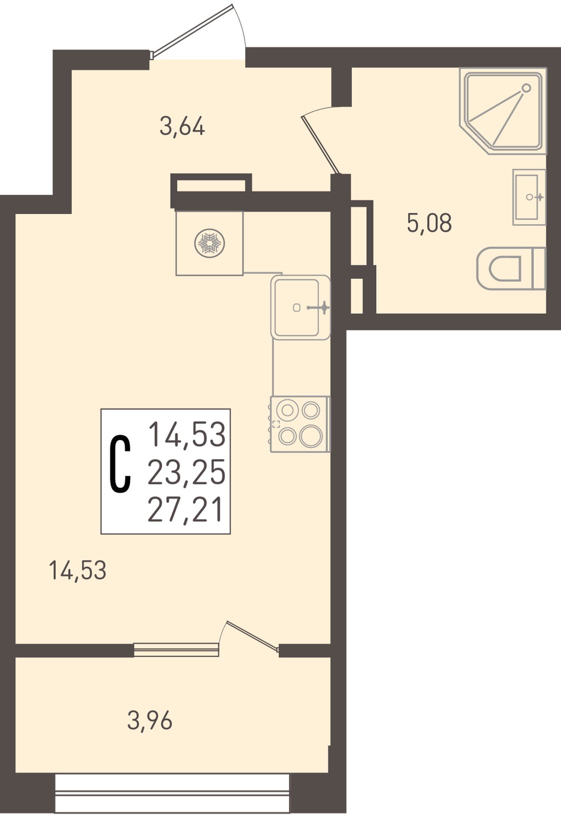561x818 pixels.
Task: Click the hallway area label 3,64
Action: tap(182, 127)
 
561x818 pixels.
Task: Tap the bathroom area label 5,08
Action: tap(429, 223)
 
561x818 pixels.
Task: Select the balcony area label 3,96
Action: tap(150, 721)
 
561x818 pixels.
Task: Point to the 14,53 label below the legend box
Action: tap(78, 571)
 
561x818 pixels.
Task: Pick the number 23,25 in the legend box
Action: tap(187, 472)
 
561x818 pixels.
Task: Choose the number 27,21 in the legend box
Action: tap(185, 510)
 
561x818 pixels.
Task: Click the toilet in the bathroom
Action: tap(511, 268)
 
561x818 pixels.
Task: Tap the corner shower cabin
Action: tap(503, 111)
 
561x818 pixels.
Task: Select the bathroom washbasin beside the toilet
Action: tap(529, 197)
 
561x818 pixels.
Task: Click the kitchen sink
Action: tap(301, 307)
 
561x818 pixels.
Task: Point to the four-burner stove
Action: tap(300, 424)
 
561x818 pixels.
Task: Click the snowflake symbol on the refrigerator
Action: tap(209, 243)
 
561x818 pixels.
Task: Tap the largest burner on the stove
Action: tap(311, 436)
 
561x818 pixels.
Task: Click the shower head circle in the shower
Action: tap(526, 88)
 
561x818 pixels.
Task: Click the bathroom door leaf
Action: tap(320, 145)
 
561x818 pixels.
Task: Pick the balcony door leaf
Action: tap(252, 636)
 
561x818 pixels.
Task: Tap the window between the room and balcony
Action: tap(176, 649)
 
